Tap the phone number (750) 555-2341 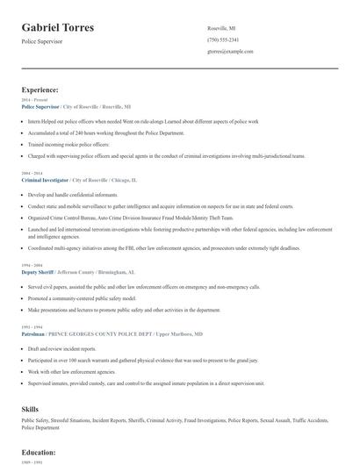pyautogui.click(x=223, y=39)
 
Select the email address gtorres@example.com pyautogui.click(x=230, y=51)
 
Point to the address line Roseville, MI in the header pyautogui.click(x=221, y=28)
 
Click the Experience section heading pyautogui.click(x=40, y=89)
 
